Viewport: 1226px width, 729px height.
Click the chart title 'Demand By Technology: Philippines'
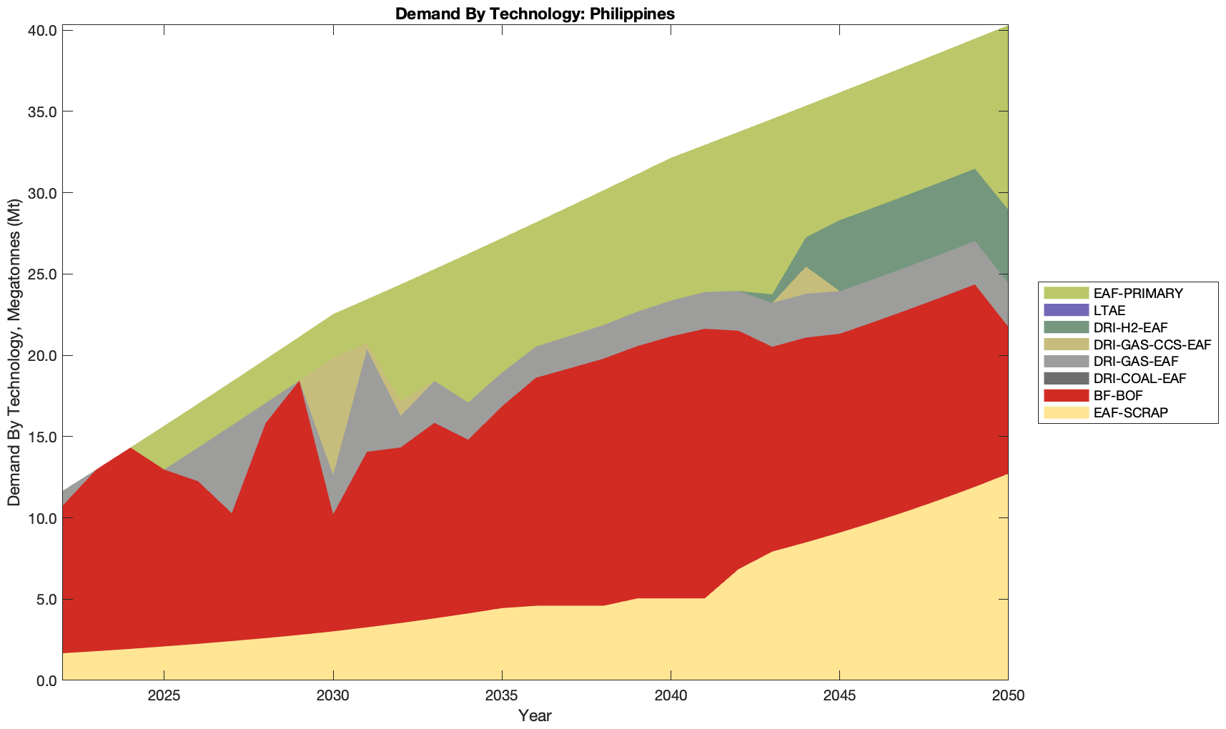coord(535,14)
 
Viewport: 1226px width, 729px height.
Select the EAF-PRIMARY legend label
coord(1138,293)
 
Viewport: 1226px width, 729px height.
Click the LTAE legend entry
coord(1109,310)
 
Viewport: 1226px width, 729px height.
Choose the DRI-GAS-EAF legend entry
coord(1136,362)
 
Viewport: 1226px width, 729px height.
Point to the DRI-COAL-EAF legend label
coord(1140,378)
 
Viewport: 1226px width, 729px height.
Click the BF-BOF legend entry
coord(1117,395)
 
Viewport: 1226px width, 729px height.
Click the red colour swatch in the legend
coord(1066,395)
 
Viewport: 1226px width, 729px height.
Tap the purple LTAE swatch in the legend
coord(1066,310)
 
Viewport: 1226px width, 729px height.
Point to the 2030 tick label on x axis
coord(333,697)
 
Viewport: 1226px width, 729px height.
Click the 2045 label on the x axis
coord(839,697)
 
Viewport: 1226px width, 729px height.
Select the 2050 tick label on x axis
coord(1008,697)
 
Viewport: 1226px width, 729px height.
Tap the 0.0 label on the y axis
coord(46,680)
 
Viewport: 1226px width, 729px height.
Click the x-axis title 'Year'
coord(535,715)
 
